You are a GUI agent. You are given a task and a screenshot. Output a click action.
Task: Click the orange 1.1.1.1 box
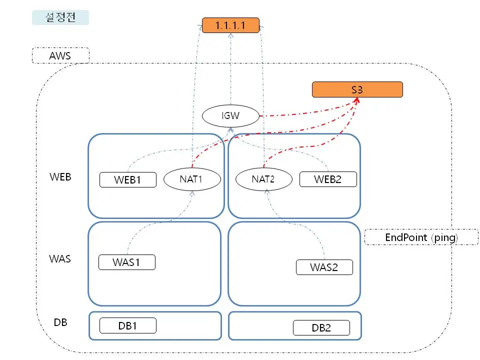coord(230,25)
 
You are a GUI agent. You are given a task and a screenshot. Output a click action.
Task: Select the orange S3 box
coord(357,89)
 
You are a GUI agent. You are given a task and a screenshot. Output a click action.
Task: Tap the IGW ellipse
coord(230,116)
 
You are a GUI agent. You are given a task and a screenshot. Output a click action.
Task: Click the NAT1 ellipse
coord(192,179)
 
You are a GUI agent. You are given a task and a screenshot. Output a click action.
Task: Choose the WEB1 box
coord(128,180)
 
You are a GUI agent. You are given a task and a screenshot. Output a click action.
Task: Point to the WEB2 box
coord(328,179)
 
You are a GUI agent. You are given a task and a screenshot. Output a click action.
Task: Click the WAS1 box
coord(126,262)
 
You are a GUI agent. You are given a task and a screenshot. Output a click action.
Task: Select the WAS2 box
coord(324,267)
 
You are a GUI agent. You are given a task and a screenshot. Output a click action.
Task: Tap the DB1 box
coord(128,325)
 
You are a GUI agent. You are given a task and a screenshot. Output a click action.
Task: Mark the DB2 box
coord(320,328)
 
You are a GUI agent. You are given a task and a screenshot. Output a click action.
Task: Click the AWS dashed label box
coord(60,55)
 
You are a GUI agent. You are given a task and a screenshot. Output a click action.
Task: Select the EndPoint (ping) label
coord(421,237)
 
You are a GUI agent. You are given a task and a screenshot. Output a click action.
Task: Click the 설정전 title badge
coord(60,17)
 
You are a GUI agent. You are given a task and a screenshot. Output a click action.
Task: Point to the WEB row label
coord(60,177)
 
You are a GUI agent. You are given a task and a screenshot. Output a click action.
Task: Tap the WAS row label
coord(60,259)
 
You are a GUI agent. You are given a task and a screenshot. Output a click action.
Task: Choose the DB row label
coord(60,322)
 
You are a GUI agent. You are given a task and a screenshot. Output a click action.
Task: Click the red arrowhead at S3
coord(357,99)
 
